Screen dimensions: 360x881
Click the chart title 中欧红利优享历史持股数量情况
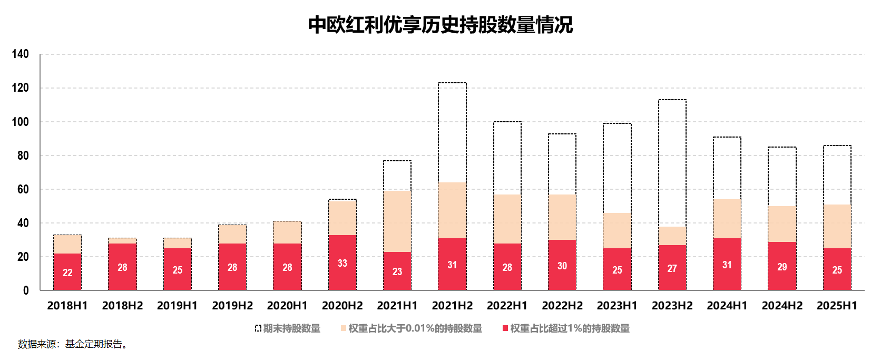pos(440,25)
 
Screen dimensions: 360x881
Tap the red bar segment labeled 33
pos(342,262)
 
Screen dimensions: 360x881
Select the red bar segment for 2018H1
pos(67,272)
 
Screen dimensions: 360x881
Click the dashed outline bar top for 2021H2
pos(452,83)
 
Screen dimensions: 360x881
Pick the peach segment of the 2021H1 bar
pos(397,221)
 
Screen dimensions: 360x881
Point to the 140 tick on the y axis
pos(21,54)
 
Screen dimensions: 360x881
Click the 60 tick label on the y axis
pos(23,189)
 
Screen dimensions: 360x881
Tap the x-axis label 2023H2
pos(672,306)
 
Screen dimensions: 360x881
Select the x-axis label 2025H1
pos(837,306)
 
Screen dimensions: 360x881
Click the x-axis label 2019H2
pos(232,306)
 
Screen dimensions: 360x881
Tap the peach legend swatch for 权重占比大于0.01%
pos(344,328)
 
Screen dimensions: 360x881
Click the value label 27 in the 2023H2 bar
pos(672,268)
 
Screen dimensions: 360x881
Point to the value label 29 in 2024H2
pos(782,267)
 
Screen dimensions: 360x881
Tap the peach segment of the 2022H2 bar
pos(562,217)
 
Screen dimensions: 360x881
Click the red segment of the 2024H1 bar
pos(727,264)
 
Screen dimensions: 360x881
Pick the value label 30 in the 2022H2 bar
pos(562,266)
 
